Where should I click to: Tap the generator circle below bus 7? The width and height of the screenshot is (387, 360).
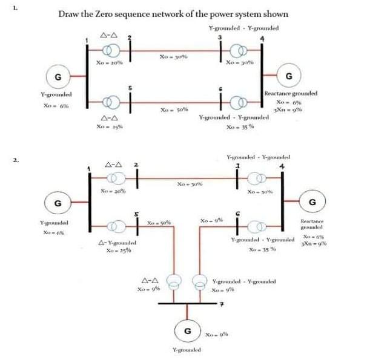pos(188,332)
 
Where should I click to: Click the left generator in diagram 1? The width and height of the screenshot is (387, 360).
pos(58,77)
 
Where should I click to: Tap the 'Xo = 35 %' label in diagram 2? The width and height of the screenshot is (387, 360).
pos(264,250)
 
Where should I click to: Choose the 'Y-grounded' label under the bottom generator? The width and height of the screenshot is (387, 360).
pos(188,350)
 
